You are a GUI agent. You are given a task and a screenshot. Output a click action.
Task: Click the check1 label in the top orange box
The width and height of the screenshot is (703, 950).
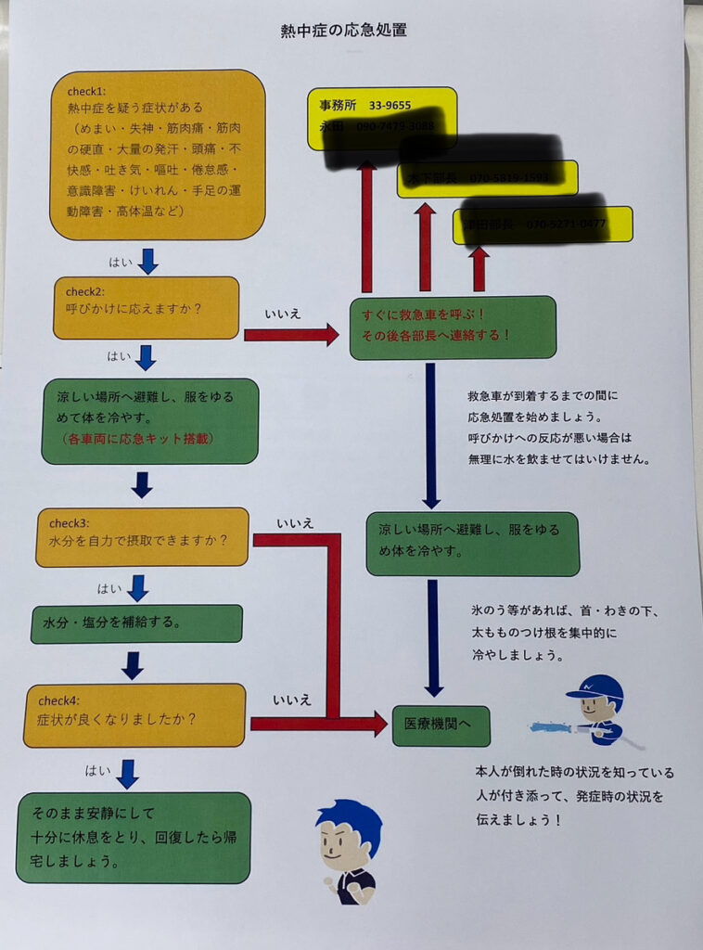click(x=86, y=91)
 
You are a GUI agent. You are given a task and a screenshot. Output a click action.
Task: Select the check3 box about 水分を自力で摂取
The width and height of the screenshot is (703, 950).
click(x=142, y=537)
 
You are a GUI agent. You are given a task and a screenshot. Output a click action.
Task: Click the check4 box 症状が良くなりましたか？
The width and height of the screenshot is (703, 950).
click(x=134, y=715)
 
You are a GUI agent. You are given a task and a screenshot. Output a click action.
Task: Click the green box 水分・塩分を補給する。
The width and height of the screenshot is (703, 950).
click(x=136, y=623)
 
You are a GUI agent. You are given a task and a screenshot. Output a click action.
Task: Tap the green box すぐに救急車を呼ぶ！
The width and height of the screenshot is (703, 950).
click(x=453, y=327)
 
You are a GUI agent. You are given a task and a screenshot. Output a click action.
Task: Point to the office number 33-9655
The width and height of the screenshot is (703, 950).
click(x=390, y=106)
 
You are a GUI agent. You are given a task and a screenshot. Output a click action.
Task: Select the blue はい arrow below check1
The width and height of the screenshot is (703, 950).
click(x=147, y=262)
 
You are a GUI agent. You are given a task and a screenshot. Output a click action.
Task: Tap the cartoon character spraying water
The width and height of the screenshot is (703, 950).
click(x=594, y=711)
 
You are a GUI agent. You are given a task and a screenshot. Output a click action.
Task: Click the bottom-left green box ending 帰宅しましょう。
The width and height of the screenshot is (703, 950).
click(x=134, y=837)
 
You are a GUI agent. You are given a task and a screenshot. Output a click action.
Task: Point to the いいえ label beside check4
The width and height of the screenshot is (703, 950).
click(x=292, y=700)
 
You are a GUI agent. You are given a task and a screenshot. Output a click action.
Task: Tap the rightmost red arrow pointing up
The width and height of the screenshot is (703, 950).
click(x=479, y=269)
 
